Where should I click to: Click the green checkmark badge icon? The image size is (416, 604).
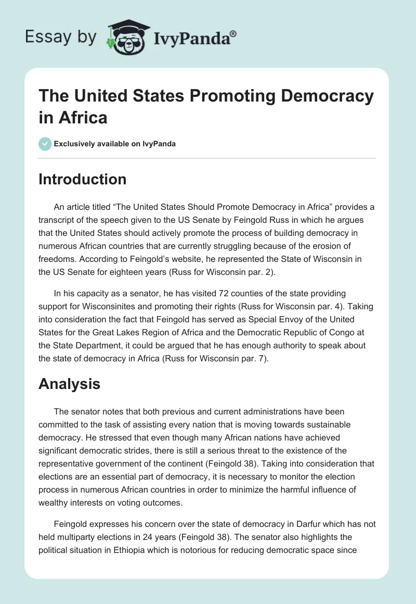45,144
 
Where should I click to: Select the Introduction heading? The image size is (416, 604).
83,179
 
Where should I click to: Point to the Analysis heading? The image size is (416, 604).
70,385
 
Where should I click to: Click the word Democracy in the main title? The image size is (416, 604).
326,96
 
